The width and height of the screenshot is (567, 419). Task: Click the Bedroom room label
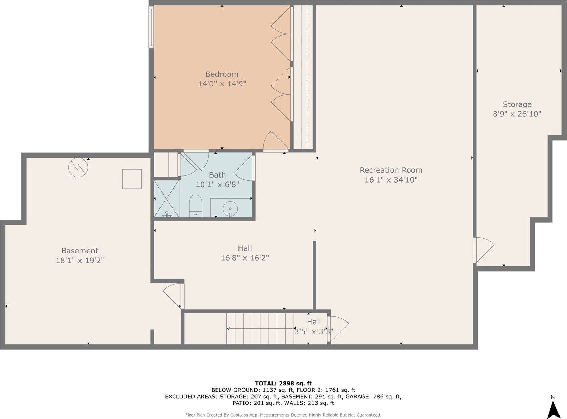(222, 74)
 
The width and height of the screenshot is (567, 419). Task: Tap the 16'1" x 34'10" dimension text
(391, 180)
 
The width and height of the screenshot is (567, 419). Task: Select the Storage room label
(517, 104)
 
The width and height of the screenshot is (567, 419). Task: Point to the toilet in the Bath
(195, 205)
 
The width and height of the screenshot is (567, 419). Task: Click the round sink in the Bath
(230, 209)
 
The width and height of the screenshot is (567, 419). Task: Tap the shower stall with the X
(167, 199)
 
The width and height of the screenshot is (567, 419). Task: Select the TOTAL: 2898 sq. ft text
(283, 383)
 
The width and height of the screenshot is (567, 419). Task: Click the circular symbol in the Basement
(78, 167)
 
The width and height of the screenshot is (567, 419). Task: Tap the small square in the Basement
(132, 179)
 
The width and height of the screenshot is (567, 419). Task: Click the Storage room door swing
(484, 250)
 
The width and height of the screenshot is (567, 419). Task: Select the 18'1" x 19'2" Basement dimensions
(80, 261)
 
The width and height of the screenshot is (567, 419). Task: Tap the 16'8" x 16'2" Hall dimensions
(245, 258)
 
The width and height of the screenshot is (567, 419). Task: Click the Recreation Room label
(391, 170)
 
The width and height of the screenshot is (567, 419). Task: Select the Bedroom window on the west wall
(151, 28)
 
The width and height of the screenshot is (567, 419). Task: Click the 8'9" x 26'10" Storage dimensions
(517, 114)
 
